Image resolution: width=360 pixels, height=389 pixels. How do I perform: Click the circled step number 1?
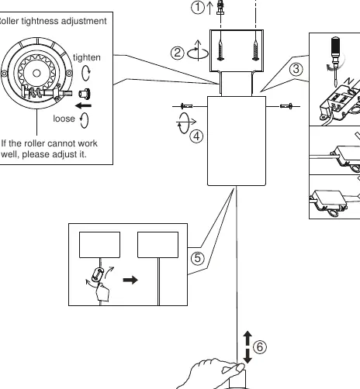click(198, 7)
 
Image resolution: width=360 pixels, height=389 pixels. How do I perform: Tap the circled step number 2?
click(177, 53)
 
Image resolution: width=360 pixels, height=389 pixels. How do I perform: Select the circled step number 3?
click(296, 69)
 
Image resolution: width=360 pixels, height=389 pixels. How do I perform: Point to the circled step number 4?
click(196, 136)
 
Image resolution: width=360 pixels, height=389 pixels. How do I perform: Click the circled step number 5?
click(198, 258)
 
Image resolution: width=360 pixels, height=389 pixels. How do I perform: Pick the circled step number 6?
click(260, 346)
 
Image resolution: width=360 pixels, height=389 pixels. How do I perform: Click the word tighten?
click(87, 57)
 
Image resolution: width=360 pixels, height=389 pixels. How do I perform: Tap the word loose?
click(64, 119)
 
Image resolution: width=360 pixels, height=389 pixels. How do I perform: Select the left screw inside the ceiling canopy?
click(220, 49)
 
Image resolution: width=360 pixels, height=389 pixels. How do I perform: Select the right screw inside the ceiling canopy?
click(255, 49)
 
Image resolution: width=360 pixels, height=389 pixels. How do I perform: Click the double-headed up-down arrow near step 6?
click(247, 347)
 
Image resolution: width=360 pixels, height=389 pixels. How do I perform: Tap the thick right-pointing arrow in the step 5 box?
click(130, 280)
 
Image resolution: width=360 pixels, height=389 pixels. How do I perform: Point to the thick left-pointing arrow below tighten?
click(83, 105)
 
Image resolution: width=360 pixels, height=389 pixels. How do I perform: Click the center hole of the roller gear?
click(36, 74)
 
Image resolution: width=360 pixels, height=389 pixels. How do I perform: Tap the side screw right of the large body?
click(286, 106)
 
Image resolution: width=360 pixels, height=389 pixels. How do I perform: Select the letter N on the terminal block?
click(349, 81)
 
